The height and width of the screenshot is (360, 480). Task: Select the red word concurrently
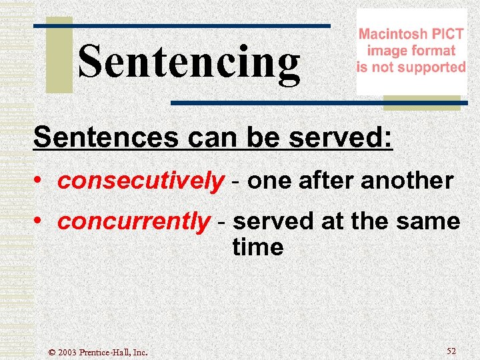(x=133, y=221)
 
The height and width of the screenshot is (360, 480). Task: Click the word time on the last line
(x=258, y=247)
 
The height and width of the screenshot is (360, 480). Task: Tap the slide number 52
(x=451, y=351)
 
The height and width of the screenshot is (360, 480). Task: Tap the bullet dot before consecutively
(x=41, y=181)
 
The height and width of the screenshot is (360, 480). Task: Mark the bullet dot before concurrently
(x=41, y=222)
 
